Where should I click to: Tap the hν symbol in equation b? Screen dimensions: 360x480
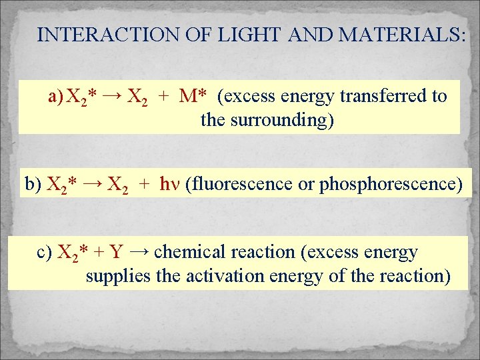(169, 184)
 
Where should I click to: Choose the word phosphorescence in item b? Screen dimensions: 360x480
(387, 184)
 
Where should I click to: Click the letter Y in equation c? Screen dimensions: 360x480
(115, 253)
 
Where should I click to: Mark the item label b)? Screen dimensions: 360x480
(33, 184)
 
